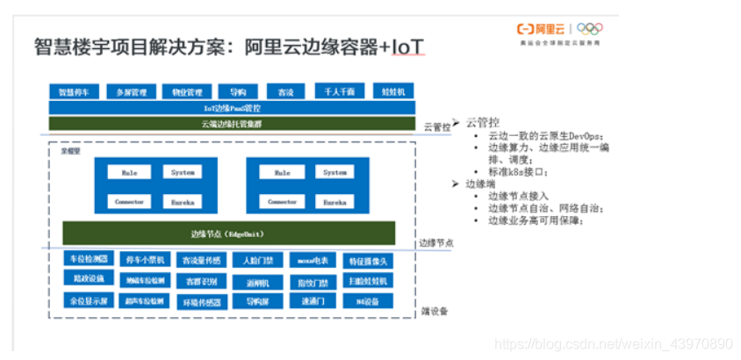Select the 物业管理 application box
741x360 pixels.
point(186,91)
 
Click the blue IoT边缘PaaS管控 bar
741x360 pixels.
point(225,107)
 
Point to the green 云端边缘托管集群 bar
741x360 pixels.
point(225,124)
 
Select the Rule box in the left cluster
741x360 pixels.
point(130,172)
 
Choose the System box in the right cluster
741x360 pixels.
point(335,172)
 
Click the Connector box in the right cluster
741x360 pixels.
point(282,201)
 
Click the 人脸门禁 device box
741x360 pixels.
point(258,260)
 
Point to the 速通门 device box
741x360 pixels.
point(313,301)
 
